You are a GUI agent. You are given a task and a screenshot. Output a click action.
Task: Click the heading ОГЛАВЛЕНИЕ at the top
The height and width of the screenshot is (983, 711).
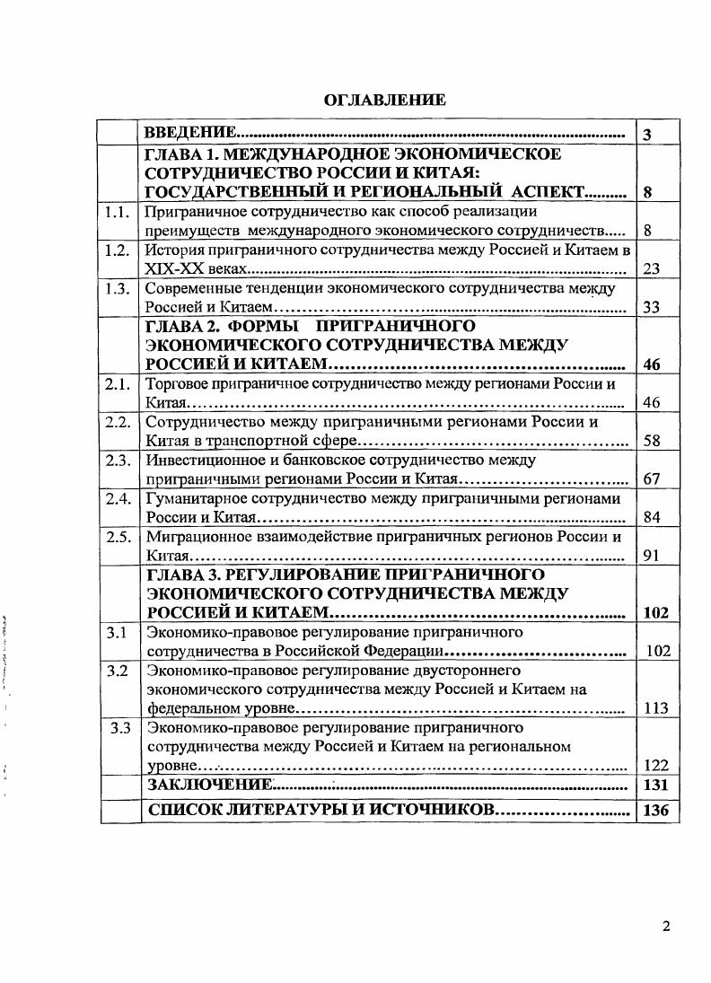[x=383, y=101]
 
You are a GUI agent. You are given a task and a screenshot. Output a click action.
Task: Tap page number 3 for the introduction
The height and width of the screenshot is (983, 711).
[x=648, y=136]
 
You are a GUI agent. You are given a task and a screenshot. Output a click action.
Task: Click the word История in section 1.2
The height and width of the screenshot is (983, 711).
[x=172, y=250]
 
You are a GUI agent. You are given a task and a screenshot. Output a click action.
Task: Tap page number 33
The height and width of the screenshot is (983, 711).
[x=652, y=308]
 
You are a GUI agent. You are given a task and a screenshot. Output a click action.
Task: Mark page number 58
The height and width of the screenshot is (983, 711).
[x=652, y=442]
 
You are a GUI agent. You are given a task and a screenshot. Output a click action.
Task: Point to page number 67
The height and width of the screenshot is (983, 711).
[x=652, y=479]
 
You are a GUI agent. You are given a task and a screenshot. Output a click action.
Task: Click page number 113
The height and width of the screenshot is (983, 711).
[x=656, y=708]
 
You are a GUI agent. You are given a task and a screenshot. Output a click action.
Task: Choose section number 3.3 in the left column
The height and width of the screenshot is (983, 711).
[x=120, y=728]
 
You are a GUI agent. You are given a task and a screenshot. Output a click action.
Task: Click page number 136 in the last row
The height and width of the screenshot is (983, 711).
[x=656, y=811]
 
